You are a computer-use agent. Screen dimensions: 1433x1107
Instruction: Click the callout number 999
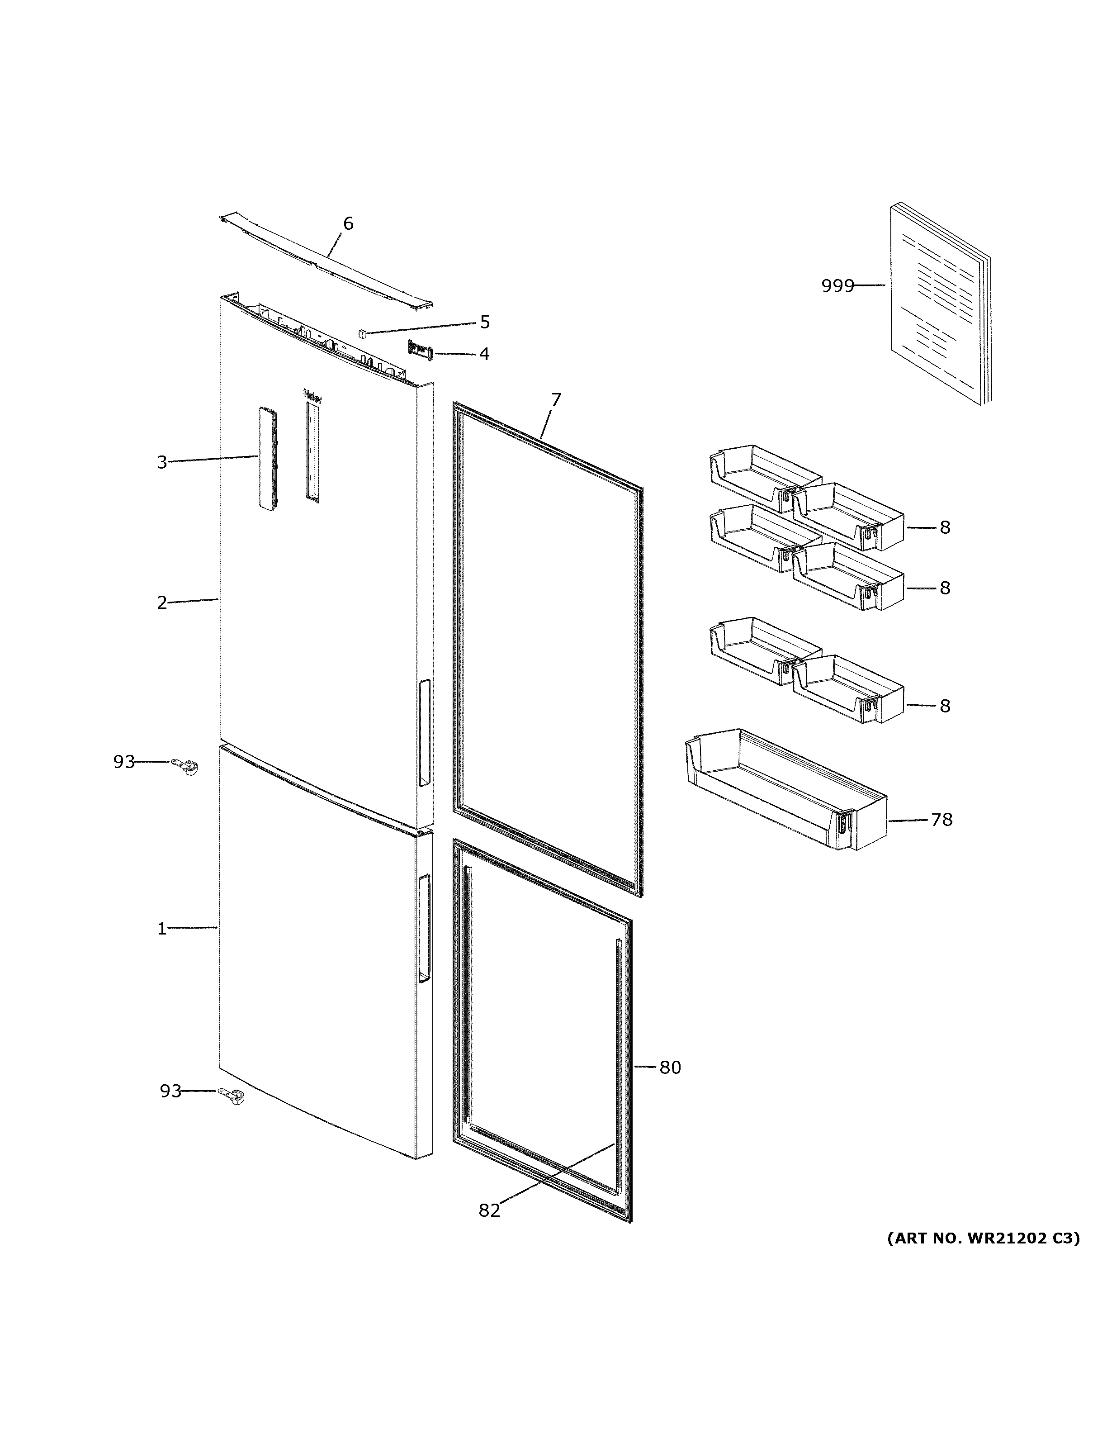click(x=837, y=286)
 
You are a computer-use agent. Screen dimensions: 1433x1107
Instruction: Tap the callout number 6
click(x=348, y=224)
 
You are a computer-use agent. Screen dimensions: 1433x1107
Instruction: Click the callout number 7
click(x=555, y=399)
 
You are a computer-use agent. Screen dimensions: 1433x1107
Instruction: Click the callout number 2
click(x=162, y=603)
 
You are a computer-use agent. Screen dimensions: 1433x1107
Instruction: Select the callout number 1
click(x=162, y=929)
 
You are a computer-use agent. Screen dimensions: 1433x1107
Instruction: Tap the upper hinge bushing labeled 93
click(x=185, y=765)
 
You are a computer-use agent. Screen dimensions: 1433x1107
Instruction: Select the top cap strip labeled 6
click(x=326, y=261)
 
